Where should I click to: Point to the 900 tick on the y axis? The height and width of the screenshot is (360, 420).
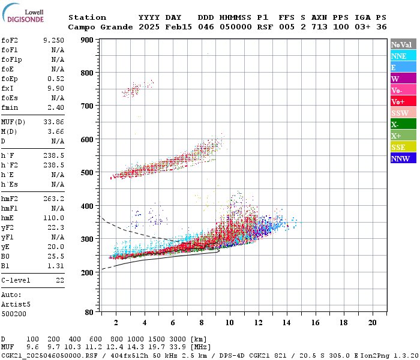[87, 40]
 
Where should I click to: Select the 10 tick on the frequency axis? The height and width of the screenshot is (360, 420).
[229, 323]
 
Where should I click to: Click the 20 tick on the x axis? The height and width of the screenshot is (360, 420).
[372, 323]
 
